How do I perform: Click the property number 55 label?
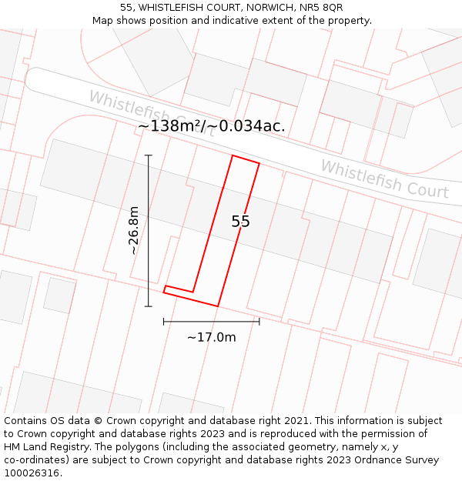240,222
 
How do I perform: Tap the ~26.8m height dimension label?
133,230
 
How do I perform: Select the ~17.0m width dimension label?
211,337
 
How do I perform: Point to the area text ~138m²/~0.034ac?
212,126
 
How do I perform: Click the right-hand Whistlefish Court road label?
384,179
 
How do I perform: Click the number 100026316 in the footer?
30,473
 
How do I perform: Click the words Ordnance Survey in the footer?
400,460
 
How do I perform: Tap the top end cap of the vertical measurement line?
149,155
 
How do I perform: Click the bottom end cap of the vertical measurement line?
149,306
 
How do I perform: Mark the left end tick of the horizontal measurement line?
164,321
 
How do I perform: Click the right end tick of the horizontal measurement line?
259,321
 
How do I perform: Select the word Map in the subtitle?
102,21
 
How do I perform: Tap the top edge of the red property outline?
246,159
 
